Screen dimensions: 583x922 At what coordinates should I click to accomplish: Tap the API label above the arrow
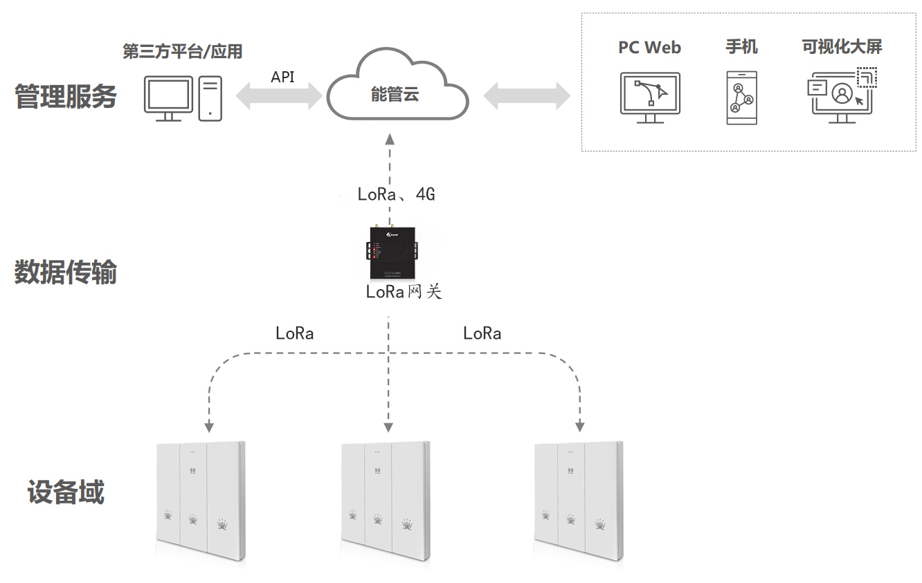282,77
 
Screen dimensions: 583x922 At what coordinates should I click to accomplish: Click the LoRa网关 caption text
404,292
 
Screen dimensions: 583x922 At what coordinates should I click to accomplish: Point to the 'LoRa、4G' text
396,194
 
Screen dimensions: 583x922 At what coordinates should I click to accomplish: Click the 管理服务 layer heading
66,97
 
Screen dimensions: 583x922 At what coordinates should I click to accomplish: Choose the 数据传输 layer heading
66,273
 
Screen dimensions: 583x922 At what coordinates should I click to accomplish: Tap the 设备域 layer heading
66,492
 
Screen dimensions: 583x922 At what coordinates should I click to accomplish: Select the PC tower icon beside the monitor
210,98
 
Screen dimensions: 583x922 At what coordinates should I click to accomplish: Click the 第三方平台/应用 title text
182,52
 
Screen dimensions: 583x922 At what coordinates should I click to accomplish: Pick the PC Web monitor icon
649,98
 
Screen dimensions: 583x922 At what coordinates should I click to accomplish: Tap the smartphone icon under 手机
741,98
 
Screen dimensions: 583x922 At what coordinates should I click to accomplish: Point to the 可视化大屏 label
842,47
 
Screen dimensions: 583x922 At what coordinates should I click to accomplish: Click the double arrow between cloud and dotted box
526,95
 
